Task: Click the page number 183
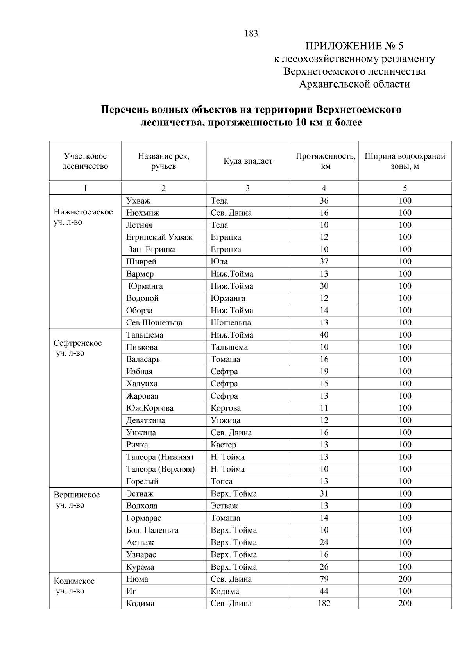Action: pos(251,34)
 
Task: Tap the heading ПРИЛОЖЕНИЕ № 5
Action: pos(354,46)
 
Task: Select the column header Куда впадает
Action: pos(248,161)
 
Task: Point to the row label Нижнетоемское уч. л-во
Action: pos(83,217)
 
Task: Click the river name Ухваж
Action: pos(138,201)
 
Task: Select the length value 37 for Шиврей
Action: pos(324,262)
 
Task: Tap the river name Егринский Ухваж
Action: pos(159,237)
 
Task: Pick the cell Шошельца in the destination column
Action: pos(231,323)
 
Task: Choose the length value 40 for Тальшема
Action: pos(324,335)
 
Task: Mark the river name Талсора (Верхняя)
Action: pos(160,469)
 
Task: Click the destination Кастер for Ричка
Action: pos(223,445)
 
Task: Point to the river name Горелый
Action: pos(142,481)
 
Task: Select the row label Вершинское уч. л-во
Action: pos(77,500)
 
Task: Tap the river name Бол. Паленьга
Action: pos(152,530)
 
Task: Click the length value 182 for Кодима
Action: pos(324,603)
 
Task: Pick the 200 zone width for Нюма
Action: pos(405,579)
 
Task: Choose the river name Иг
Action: pos(131,591)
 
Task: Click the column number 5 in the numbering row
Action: pos(405,188)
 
